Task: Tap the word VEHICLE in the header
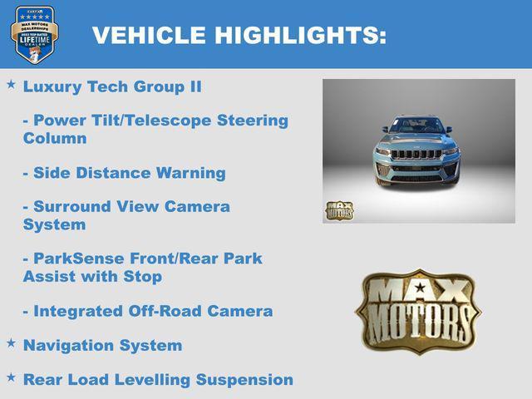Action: (149, 35)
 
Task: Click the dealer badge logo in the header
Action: (34, 34)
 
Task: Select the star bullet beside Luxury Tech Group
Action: (11, 85)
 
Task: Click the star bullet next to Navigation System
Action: (11, 342)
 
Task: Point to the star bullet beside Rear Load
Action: (11, 377)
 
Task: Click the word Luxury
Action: (52, 86)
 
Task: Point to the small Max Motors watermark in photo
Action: (339, 210)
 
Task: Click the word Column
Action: (55, 138)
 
